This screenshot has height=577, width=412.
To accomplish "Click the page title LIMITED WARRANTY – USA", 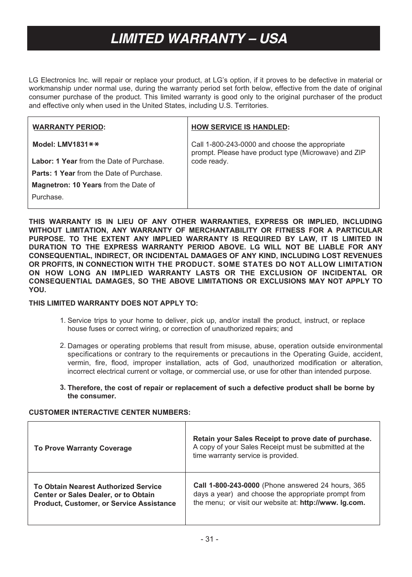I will coord(199,38).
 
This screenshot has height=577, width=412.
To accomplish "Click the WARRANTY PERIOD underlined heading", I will coord(68,127).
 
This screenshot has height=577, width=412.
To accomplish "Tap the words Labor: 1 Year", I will coord(54,161).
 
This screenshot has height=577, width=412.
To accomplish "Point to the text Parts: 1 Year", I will coord(54,173).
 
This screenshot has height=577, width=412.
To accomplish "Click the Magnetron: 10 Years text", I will coord(67,185).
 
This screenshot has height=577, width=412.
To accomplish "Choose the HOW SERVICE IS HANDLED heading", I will coord(240,127).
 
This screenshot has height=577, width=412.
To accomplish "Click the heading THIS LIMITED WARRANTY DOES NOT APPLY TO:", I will coord(113,303).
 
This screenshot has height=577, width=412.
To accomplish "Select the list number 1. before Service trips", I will coord(63,320).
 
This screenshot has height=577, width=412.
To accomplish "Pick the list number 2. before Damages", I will coord(63,345).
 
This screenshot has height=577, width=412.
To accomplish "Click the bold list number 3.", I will coord(63,387).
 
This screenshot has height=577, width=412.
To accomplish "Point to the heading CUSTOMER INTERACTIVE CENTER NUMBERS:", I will coord(109,413).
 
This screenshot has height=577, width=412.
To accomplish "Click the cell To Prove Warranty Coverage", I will coord(83,448).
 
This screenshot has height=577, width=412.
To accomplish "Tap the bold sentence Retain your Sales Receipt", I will coord(282,439).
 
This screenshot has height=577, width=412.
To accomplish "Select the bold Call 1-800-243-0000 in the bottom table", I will coord(226,486).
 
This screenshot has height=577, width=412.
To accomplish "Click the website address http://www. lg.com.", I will coord(332,503).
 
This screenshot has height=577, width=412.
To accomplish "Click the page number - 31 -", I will coord(209,539).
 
